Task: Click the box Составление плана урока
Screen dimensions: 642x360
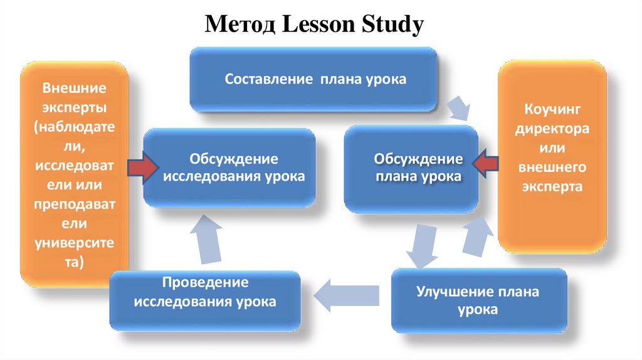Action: (313, 80)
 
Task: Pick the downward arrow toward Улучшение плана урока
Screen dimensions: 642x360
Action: (419, 246)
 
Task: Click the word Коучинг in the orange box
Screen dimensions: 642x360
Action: (552, 111)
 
